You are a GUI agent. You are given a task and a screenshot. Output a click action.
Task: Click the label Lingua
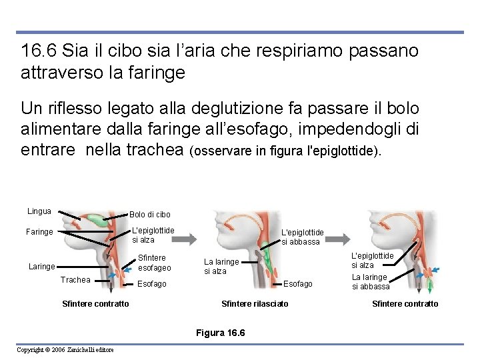coord(39,211)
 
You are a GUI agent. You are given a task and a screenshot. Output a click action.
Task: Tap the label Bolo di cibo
coord(149,215)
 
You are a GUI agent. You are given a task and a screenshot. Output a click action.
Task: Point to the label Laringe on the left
coord(41,267)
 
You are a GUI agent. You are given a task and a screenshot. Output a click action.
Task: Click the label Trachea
coord(75,280)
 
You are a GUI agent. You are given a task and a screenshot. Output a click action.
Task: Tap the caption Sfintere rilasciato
coord(255,304)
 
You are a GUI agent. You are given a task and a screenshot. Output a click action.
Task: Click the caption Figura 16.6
coord(221,333)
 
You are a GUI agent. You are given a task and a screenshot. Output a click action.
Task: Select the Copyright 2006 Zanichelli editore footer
coord(65,350)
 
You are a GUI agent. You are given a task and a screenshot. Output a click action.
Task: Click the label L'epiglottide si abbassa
coord(302,237)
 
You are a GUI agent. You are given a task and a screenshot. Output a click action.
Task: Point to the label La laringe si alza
coord(221,267)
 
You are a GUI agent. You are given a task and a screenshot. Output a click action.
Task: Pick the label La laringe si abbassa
coord(371,281)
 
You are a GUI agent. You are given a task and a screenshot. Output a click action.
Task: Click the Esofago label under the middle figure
coord(297,284)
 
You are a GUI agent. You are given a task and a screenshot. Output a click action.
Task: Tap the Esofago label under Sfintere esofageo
coord(151,284)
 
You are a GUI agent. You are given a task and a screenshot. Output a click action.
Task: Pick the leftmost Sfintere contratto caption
coord(95,304)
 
